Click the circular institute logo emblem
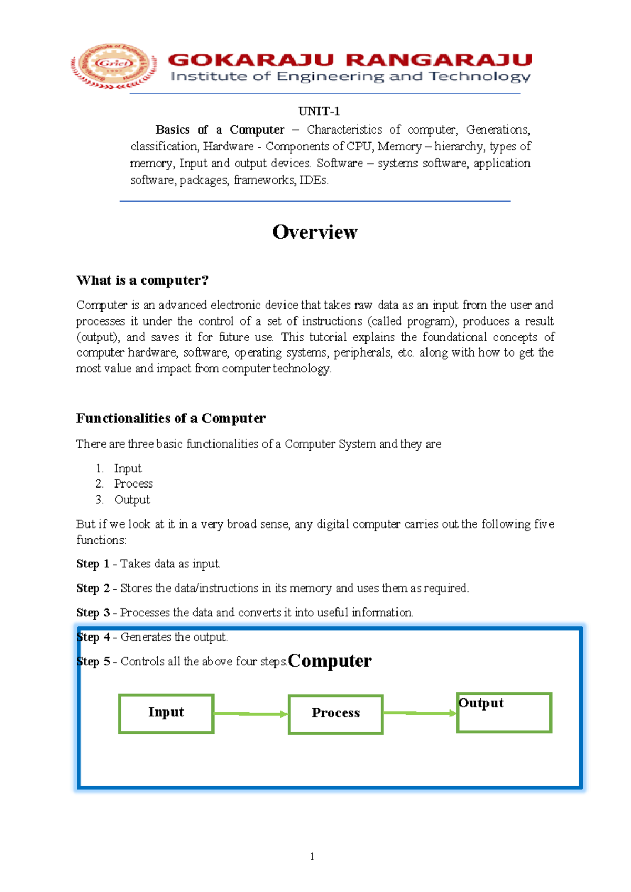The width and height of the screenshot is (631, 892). pyautogui.click(x=114, y=65)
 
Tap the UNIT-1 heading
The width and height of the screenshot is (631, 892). pyautogui.click(x=319, y=111)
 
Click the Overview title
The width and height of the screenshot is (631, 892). pyautogui.click(x=314, y=232)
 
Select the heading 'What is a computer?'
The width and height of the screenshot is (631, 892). pyautogui.click(x=143, y=280)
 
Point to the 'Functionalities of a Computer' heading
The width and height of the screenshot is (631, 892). pyautogui.click(x=170, y=418)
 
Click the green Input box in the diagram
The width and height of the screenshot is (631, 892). pyautogui.click(x=166, y=713)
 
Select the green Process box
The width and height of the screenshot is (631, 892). pyautogui.click(x=335, y=714)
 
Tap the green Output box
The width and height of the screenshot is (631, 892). pyautogui.click(x=504, y=713)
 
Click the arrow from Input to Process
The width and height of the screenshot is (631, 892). pyautogui.click(x=251, y=714)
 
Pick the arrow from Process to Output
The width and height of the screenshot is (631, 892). pyautogui.click(x=420, y=713)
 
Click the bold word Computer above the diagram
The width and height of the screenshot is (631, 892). pyautogui.click(x=330, y=661)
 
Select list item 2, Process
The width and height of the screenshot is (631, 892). pyautogui.click(x=133, y=484)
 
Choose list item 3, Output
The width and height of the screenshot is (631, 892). pyautogui.click(x=132, y=500)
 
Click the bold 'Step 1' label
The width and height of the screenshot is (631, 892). pyautogui.click(x=93, y=564)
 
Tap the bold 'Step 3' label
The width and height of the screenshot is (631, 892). pyautogui.click(x=93, y=613)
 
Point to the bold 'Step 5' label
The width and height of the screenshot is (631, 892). pyautogui.click(x=93, y=662)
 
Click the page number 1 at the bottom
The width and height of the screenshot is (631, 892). pyautogui.click(x=312, y=856)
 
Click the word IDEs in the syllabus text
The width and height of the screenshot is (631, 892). pyautogui.click(x=313, y=180)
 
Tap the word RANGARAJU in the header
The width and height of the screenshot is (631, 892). pyautogui.click(x=439, y=60)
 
